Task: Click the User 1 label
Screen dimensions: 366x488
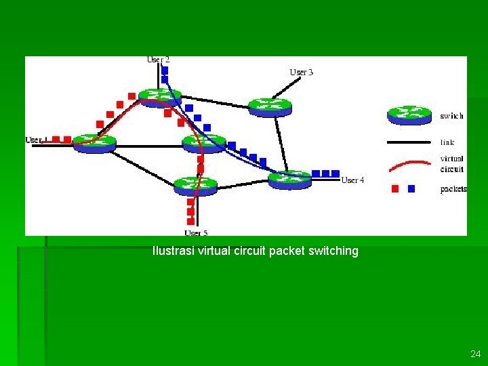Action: point(35,140)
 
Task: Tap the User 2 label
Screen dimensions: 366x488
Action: point(158,60)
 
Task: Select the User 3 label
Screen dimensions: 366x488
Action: point(302,72)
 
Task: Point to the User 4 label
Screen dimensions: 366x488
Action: point(352,180)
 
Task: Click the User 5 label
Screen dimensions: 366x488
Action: point(196,233)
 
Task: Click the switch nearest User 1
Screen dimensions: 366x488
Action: point(94,142)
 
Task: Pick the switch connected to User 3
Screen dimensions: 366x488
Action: point(269,106)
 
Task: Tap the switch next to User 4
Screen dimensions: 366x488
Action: point(289,180)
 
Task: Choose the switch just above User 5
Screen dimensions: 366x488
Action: point(195,184)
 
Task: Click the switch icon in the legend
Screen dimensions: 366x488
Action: point(409,115)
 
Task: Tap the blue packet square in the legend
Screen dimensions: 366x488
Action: point(411,189)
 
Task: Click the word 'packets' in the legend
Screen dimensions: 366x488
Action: point(453,189)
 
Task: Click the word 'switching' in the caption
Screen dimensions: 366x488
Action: point(333,251)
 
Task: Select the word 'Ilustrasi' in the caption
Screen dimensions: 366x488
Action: point(173,251)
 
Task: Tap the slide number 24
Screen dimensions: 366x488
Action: point(474,354)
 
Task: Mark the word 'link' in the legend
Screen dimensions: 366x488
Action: point(447,142)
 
